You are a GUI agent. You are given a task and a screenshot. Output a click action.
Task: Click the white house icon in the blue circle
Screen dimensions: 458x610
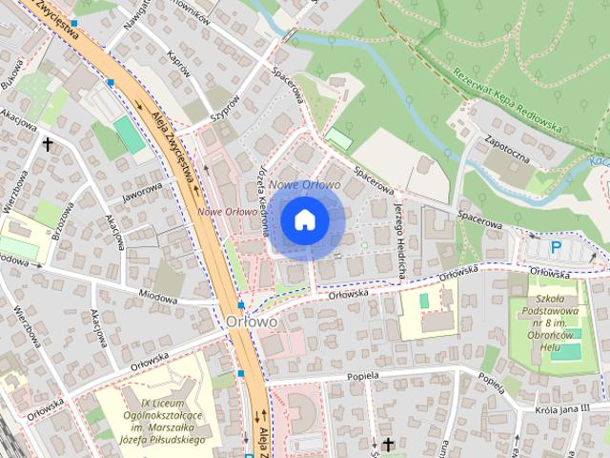coord(304,219)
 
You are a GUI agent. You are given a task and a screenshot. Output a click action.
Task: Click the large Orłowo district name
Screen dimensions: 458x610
coord(253,322)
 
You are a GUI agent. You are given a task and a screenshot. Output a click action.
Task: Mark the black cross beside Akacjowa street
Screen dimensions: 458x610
coord(48,144)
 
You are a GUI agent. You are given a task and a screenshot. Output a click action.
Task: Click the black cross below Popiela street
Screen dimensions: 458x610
coord(388,445)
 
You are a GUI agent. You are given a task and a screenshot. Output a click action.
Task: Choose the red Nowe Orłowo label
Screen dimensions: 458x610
coord(228,212)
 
